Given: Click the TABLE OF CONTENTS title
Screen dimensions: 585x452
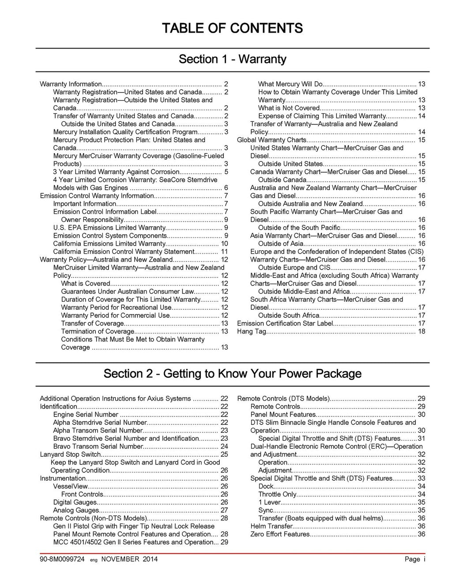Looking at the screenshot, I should (232, 29).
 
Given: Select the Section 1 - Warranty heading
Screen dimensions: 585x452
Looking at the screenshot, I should (232, 59).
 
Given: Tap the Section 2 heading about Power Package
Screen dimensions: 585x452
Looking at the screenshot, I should (232, 374).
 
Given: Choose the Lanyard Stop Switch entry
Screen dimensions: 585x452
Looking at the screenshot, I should (71, 454).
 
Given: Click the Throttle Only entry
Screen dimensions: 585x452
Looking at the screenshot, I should (277, 494).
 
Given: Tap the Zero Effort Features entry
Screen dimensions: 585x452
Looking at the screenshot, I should (280, 534).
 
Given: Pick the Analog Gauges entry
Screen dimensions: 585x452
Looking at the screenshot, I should (70, 510).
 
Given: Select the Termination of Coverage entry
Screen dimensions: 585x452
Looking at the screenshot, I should (98, 331).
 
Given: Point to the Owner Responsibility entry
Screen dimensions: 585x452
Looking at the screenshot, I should (92, 220).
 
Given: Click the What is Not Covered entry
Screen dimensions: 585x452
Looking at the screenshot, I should (289, 108).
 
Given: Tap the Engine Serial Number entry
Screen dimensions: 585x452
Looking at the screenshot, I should (86, 414).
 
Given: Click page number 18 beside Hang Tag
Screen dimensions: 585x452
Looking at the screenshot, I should (422, 331).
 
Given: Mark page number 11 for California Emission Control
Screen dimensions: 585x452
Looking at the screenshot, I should (224, 251).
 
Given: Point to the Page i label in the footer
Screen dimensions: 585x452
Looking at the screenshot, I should (415, 559).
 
